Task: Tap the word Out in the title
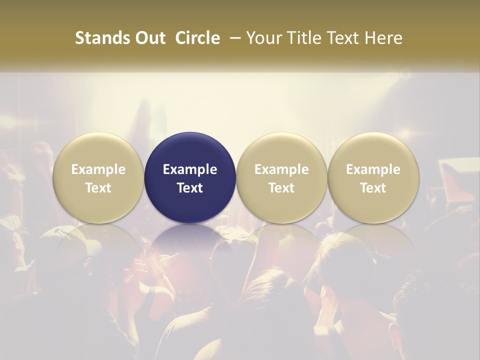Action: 149,38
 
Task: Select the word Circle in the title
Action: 197,38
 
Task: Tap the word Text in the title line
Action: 340,38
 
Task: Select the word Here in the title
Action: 382,38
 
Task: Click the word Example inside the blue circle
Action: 190,169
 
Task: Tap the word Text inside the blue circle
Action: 190,188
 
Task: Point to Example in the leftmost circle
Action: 98,169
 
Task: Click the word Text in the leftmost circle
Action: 98,188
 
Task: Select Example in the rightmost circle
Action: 373,169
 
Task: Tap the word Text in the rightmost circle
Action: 373,188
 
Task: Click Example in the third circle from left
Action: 281,169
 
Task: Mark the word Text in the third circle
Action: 281,188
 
